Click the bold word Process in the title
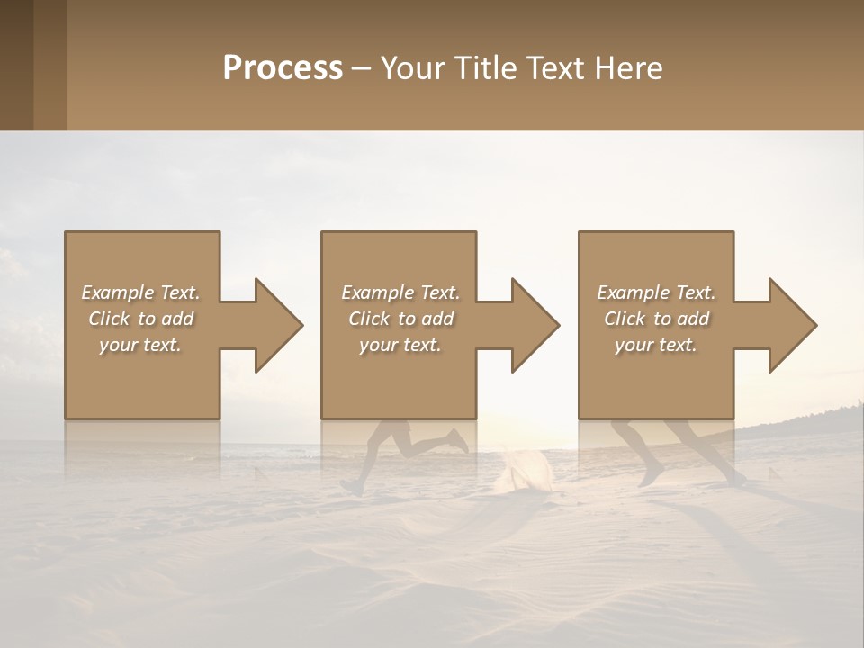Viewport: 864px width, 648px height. pos(283,68)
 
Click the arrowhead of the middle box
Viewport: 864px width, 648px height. pos(534,325)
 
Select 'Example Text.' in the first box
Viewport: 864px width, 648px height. pos(140,292)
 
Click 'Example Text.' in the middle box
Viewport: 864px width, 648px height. pos(400,292)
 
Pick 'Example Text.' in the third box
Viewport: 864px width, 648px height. pos(656,292)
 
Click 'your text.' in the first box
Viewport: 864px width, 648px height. pos(140,345)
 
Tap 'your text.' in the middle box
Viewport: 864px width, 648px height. pos(400,345)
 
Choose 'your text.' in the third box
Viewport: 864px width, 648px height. pos(656,345)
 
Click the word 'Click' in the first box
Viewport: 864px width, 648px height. pos(109,319)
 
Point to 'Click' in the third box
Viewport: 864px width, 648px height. pos(625,319)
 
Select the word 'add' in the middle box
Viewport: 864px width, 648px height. pos(437,319)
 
